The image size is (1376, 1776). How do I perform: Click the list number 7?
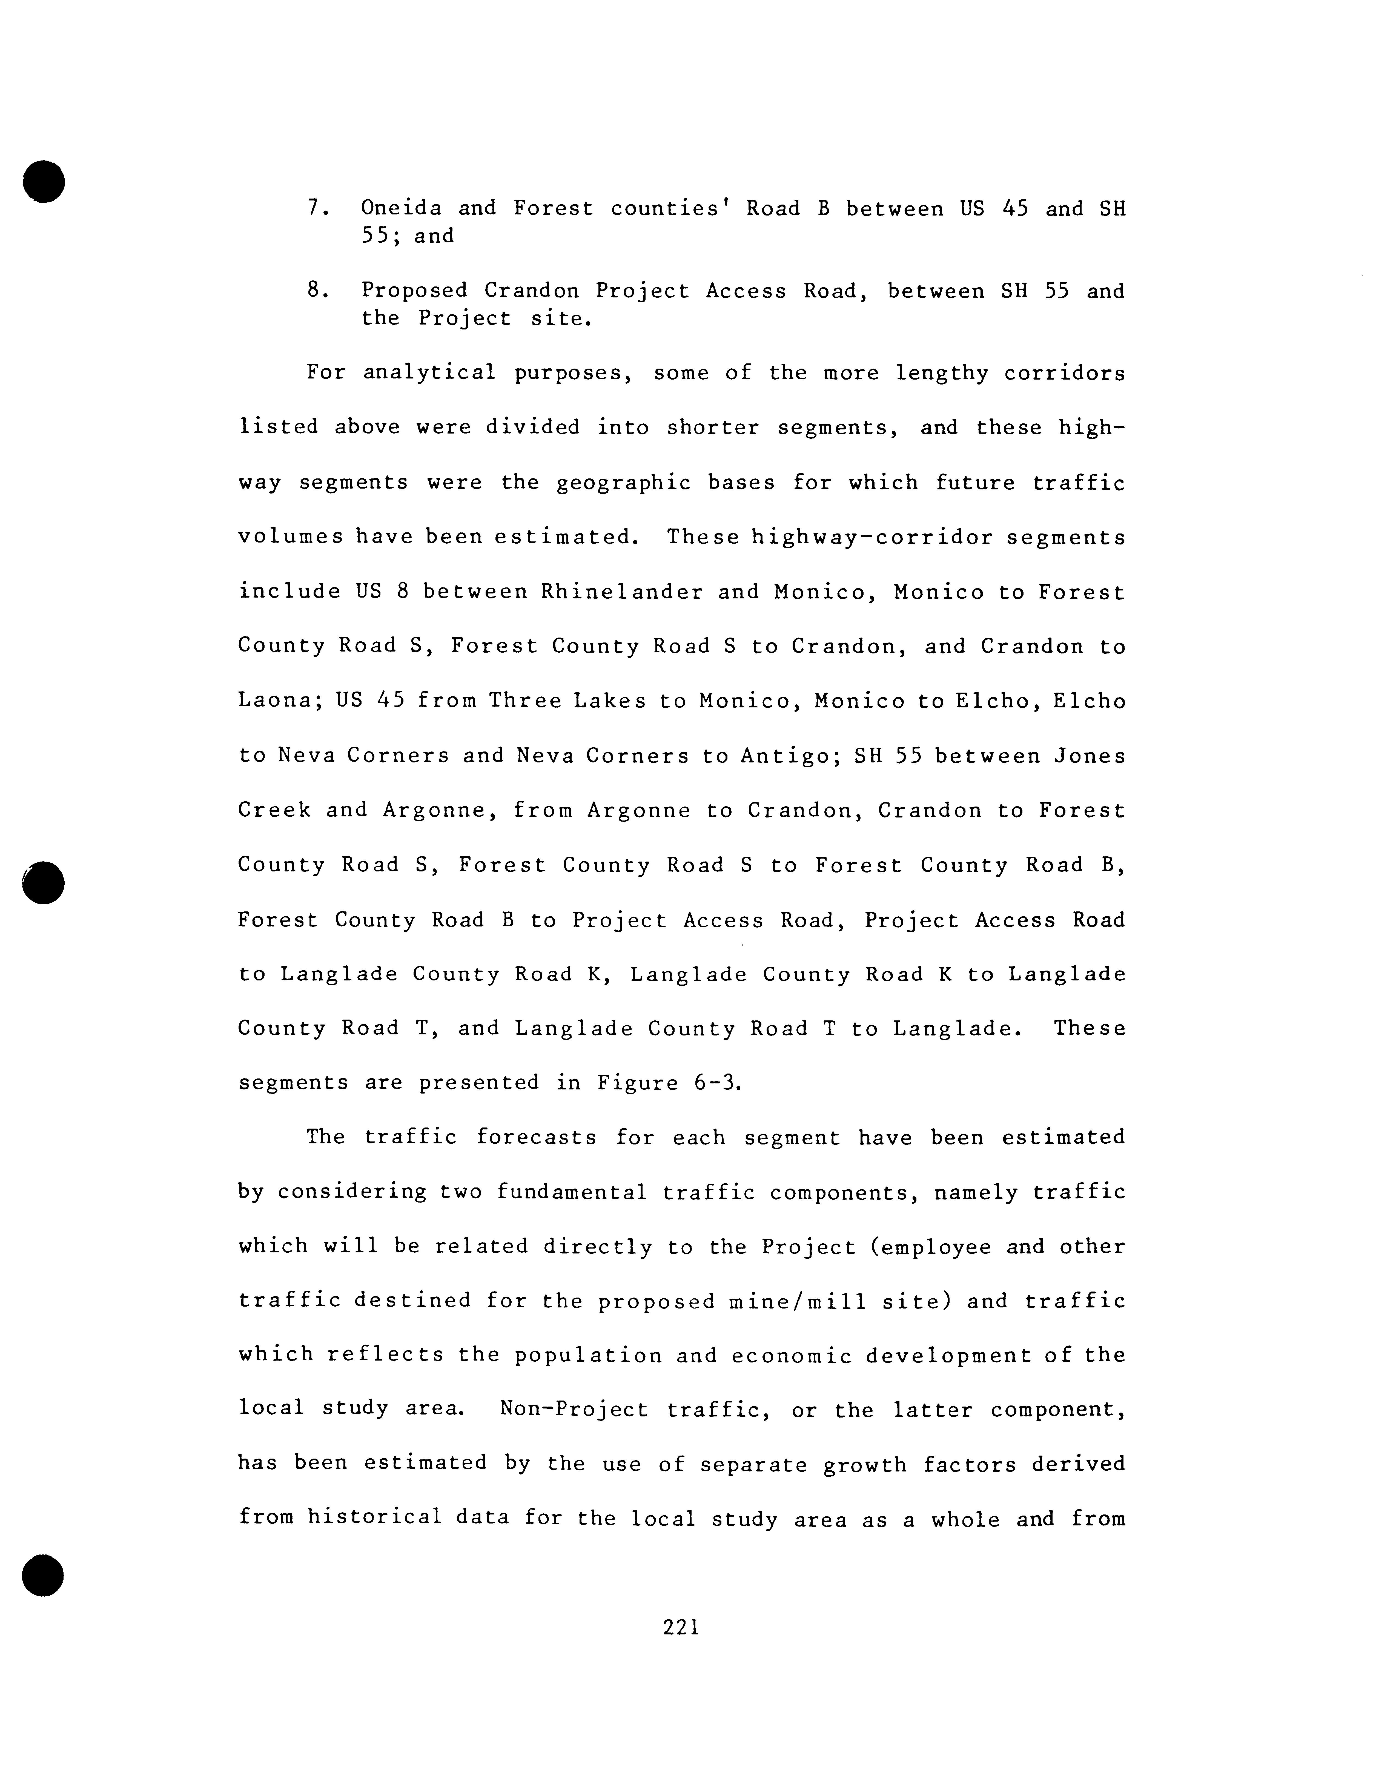pyautogui.click(x=316, y=208)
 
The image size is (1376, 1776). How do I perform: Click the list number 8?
pyautogui.click(x=316, y=290)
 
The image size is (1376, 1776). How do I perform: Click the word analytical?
pyautogui.click(x=429, y=373)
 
